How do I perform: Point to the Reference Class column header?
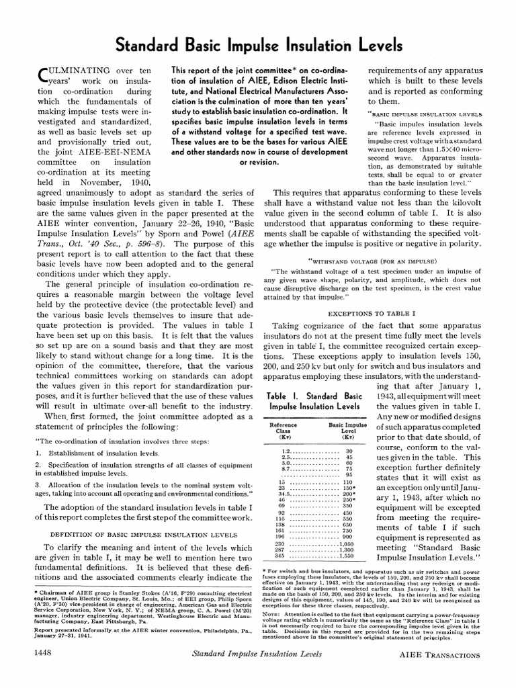click(x=283, y=431)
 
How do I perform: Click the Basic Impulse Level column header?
click(x=347, y=431)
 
